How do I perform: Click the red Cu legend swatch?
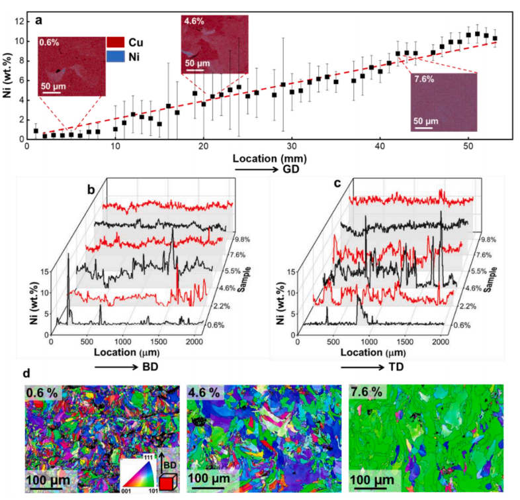click(116, 43)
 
